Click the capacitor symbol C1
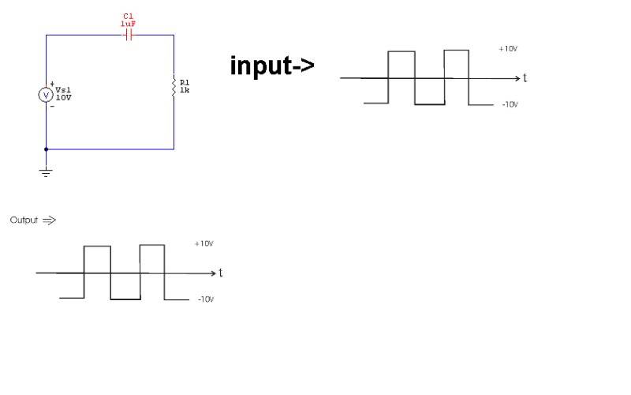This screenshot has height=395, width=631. (x=129, y=35)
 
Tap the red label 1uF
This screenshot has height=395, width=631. (x=129, y=24)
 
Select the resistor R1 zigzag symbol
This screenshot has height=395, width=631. (x=174, y=86)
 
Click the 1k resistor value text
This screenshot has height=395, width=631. (x=185, y=90)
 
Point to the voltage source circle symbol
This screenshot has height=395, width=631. (x=46, y=95)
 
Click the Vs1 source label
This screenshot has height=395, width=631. (x=64, y=90)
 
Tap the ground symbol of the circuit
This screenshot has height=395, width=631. (x=46, y=171)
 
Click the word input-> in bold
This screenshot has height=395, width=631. (x=272, y=66)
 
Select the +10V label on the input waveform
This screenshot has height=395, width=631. (x=508, y=49)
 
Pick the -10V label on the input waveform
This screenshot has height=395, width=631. (x=509, y=105)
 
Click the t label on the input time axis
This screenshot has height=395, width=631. (x=525, y=78)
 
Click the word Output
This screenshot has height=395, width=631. (x=24, y=220)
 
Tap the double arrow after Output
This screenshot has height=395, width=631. (x=49, y=220)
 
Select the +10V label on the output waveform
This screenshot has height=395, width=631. (x=203, y=243)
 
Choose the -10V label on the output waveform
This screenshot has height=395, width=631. (x=205, y=299)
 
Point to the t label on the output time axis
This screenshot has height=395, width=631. (x=221, y=273)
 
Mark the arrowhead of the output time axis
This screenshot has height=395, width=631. (x=212, y=273)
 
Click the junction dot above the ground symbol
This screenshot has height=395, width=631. (x=46, y=149)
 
